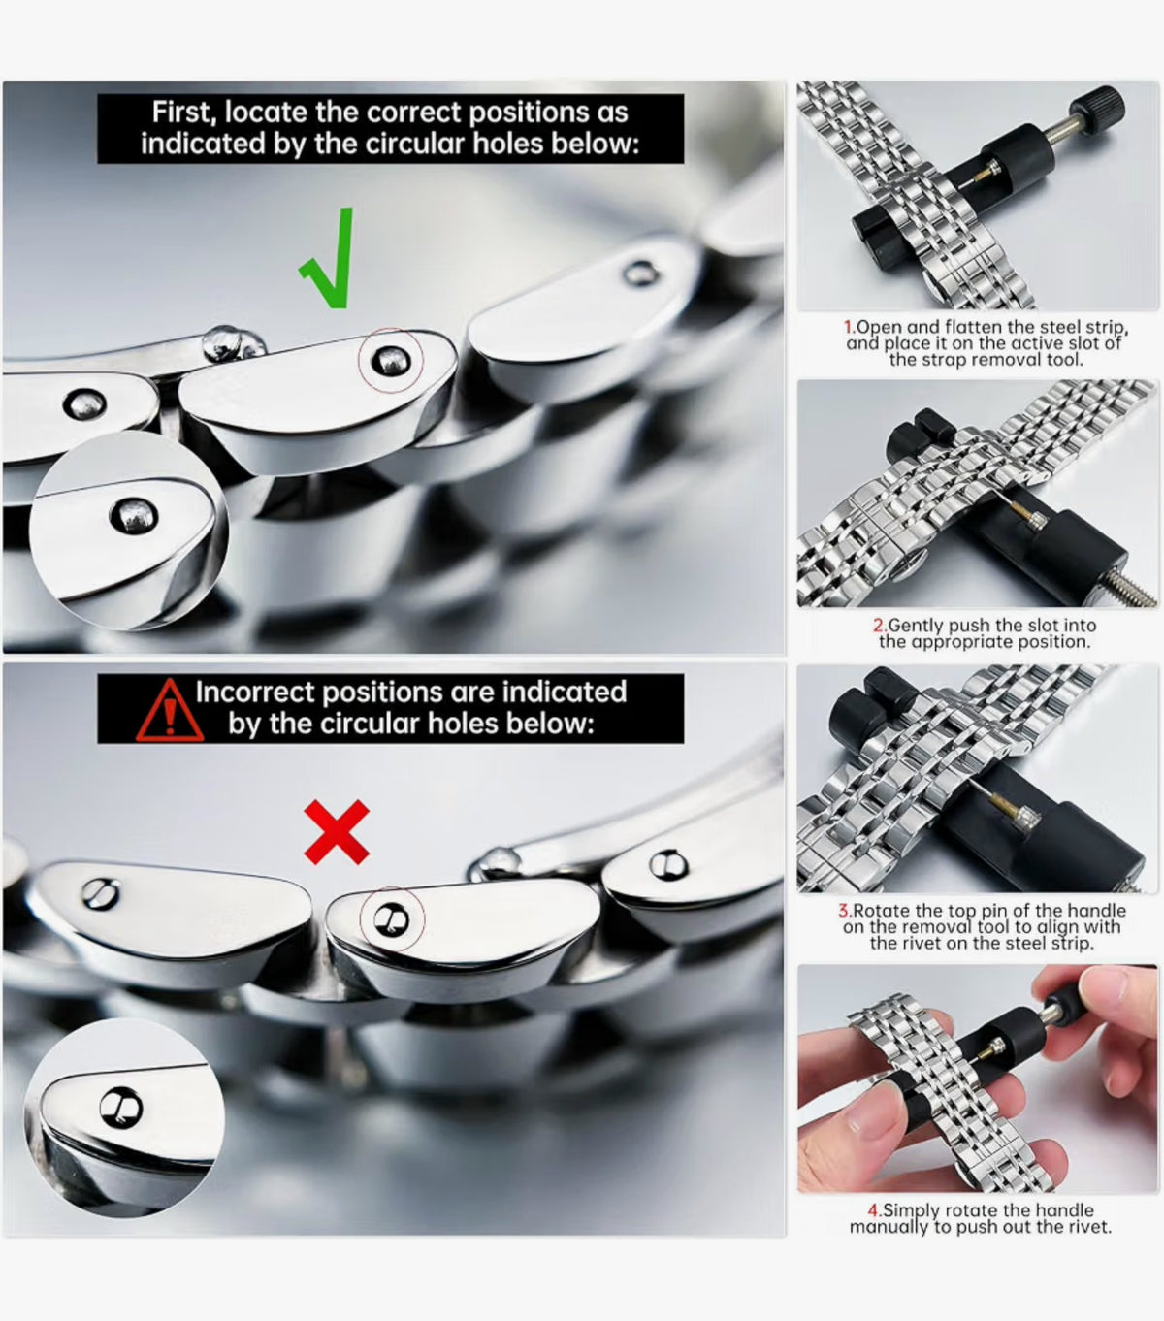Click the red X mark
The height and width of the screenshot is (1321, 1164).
pos(337,832)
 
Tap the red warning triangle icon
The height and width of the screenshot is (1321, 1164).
pos(170,711)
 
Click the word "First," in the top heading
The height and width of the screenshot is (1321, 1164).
pos(185,113)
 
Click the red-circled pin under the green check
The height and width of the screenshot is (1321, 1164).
pos(391,360)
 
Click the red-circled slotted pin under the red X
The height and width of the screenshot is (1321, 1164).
pos(391,920)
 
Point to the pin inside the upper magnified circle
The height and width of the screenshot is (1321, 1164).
pos(134,516)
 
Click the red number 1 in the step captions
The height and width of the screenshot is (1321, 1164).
pos(849,327)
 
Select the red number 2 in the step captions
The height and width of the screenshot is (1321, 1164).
pos(879,626)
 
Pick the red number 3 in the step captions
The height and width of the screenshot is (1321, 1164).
pos(844,910)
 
